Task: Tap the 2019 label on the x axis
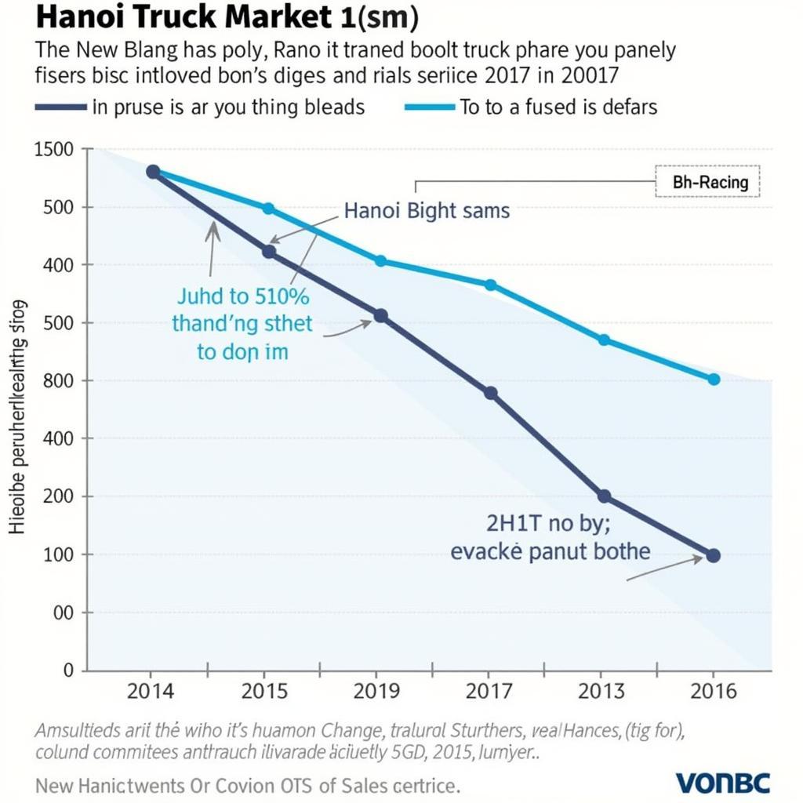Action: (x=378, y=692)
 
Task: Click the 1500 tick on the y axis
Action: (x=54, y=150)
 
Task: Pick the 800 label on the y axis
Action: (x=57, y=381)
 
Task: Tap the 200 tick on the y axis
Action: (x=57, y=496)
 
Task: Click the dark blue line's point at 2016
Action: (x=713, y=555)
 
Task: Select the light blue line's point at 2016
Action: (x=714, y=380)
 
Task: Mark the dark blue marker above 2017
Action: (x=491, y=394)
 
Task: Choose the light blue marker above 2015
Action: (x=268, y=209)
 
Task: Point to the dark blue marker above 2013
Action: (x=604, y=496)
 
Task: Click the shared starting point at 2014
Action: (x=153, y=172)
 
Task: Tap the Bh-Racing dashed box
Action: (x=707, y=183)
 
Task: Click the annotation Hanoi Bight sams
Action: (x=427, y=210)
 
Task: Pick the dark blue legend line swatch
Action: (x=60, y=107)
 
